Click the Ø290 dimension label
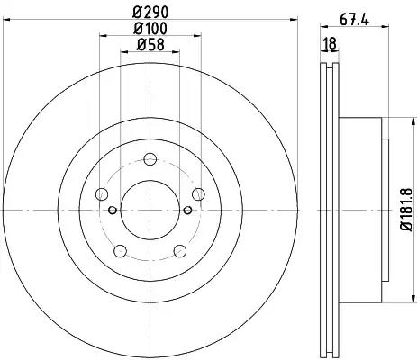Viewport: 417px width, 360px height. coord(150,13)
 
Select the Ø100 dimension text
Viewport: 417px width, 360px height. coord(150,29)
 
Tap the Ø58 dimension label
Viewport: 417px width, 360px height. coord(150,45)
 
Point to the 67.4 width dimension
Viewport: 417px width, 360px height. coord(354,20)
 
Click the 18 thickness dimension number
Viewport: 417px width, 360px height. coord(330,44)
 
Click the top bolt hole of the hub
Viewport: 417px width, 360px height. coord(150,159)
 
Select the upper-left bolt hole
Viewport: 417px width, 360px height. coord(102,193)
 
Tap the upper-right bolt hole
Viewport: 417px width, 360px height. coord(198,194)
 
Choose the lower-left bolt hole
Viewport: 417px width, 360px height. coord(121,251)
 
